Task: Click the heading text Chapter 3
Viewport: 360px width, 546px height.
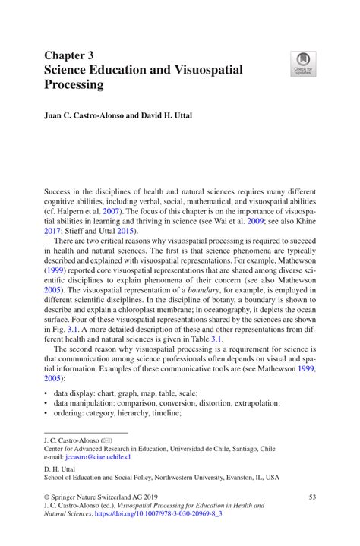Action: [69, 55]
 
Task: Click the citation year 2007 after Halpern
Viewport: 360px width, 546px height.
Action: [110, 210]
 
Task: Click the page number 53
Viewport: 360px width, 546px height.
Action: [311, 496]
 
